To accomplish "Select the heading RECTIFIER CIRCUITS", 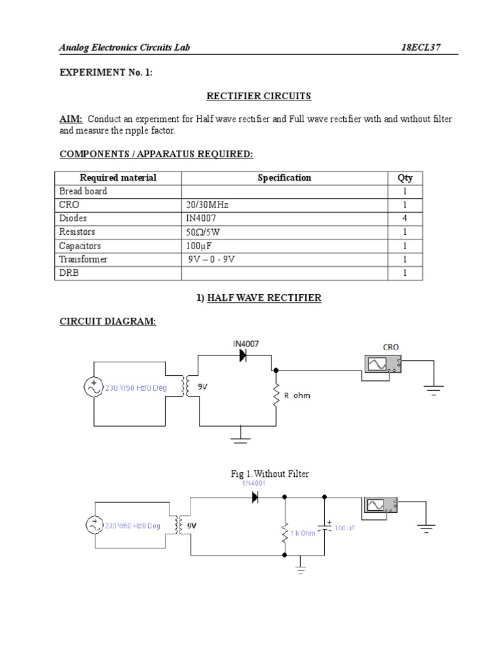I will [x=259, y=96].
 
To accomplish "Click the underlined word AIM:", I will [x=71, y=119].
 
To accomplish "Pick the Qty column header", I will [x=404, y=177].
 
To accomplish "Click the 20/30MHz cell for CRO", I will [x=207, y=205].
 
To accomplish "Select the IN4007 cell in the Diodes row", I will [x=202, y=219].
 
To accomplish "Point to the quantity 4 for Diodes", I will [x=404, y=219].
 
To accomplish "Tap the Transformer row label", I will [x=83, y=259].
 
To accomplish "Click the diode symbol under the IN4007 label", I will [x=243, y=356].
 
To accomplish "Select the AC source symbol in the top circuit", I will [x=93, y=387].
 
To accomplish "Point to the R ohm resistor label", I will [x=297, y=395].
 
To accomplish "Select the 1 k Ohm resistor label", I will [x=303, y=533].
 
